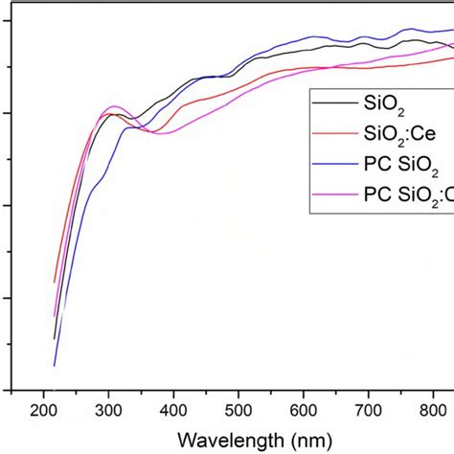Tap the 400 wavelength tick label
173,411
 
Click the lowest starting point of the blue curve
54,365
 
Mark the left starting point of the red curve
54,283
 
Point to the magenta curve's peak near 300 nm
114,106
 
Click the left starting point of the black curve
54,338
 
